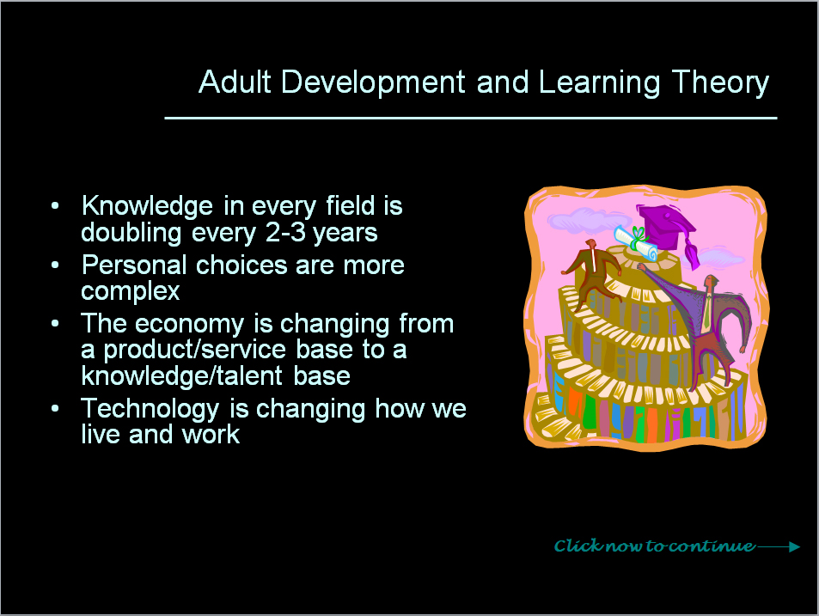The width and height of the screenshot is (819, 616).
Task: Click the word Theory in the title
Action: pyautogui.click(x=720, y=83)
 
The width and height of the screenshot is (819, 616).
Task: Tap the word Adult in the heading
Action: pyautogui.click(x=235, y=82)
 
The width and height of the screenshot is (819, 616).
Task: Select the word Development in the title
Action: pyautogui.click(x=373, y=83)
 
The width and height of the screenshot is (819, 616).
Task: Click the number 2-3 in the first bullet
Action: pyautogui.click(x=285, y=232)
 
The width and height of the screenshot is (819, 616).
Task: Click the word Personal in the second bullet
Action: pyautogui.click(x=134, y=265)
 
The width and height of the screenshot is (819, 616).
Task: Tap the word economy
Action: pyautogui.click(x=190, y=325)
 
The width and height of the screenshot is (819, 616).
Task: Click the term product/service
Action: pyautogui.click(x=194, y=351)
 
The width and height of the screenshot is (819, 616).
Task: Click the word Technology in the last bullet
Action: pyautogui.click(x=150, y=409)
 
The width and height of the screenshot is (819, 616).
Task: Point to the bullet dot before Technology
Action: pyautogui.click(x=55, y=409)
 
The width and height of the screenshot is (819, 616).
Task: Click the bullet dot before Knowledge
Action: pyautogui.click(x=55, y=205)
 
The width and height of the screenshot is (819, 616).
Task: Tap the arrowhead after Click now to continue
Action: pyautogui.click(x=794, y=546)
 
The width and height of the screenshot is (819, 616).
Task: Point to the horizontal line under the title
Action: pyautogui.click(x=471, y=118)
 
